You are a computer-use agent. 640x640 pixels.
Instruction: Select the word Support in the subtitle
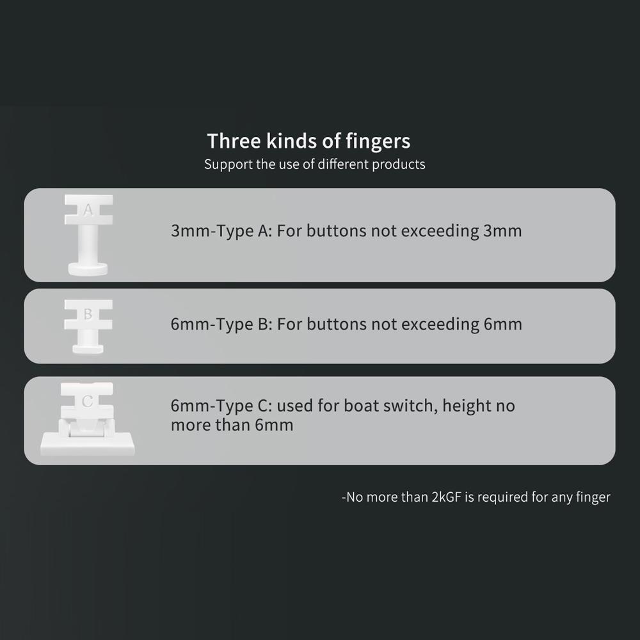228,164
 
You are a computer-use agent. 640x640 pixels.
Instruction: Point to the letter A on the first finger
88,210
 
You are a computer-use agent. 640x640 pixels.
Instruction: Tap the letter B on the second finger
88,314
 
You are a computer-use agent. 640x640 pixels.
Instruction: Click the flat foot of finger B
88,349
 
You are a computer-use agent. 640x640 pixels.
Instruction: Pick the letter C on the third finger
88,402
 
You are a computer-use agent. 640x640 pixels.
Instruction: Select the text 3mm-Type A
221,230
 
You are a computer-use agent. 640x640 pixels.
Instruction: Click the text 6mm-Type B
221,324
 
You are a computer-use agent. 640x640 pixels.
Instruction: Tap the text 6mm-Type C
221,406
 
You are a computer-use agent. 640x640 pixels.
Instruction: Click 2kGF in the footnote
447,497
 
